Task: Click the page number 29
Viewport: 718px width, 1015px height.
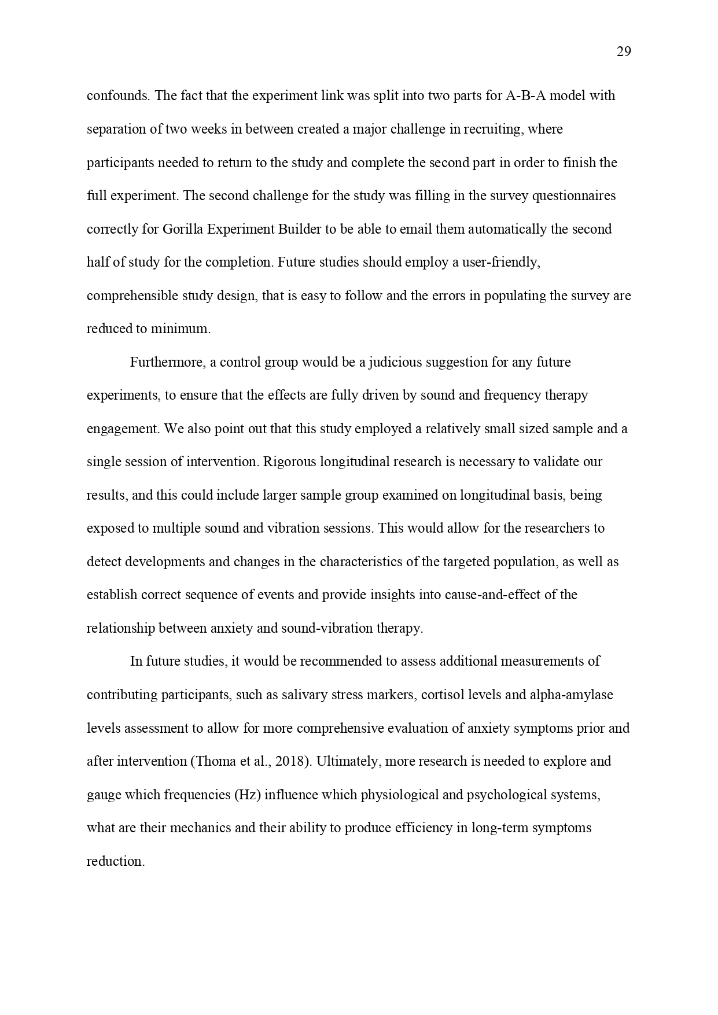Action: click(624, 52)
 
